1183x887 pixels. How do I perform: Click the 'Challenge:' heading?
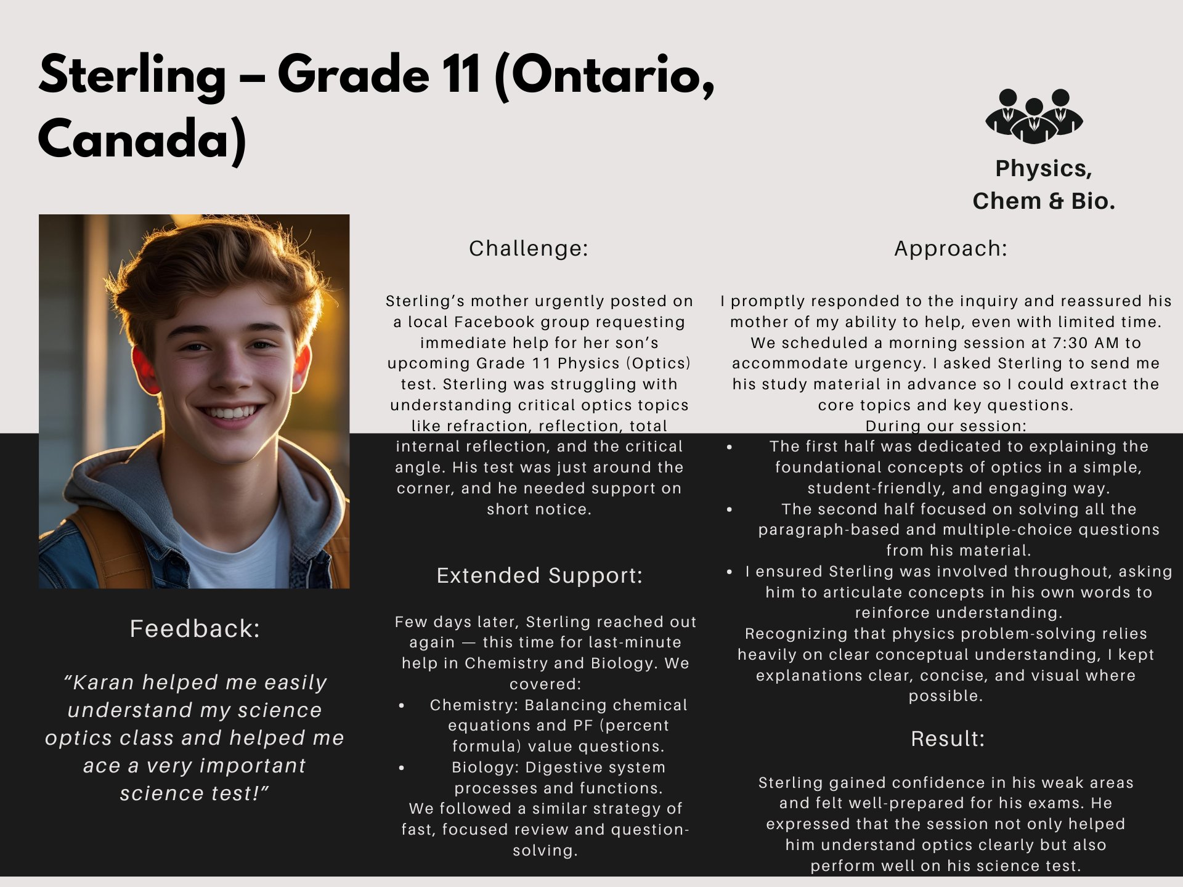click(528, 248)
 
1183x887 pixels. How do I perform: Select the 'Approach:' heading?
click(950, 248)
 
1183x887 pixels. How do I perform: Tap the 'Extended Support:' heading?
click(539, 575)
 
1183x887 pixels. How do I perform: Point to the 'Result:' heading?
click(948, 739)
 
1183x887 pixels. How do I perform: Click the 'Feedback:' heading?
click(195, 629)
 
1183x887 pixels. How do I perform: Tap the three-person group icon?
click(1034, 116)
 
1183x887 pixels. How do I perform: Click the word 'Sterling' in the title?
click(132, 75)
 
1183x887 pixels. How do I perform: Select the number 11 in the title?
click(460, 75)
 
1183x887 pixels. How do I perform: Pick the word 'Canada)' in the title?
click(142, 139)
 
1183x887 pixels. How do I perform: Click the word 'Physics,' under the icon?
click(1043, 168)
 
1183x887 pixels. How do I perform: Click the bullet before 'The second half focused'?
click(730, 509)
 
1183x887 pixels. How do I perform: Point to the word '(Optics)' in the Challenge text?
click(658, 363)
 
